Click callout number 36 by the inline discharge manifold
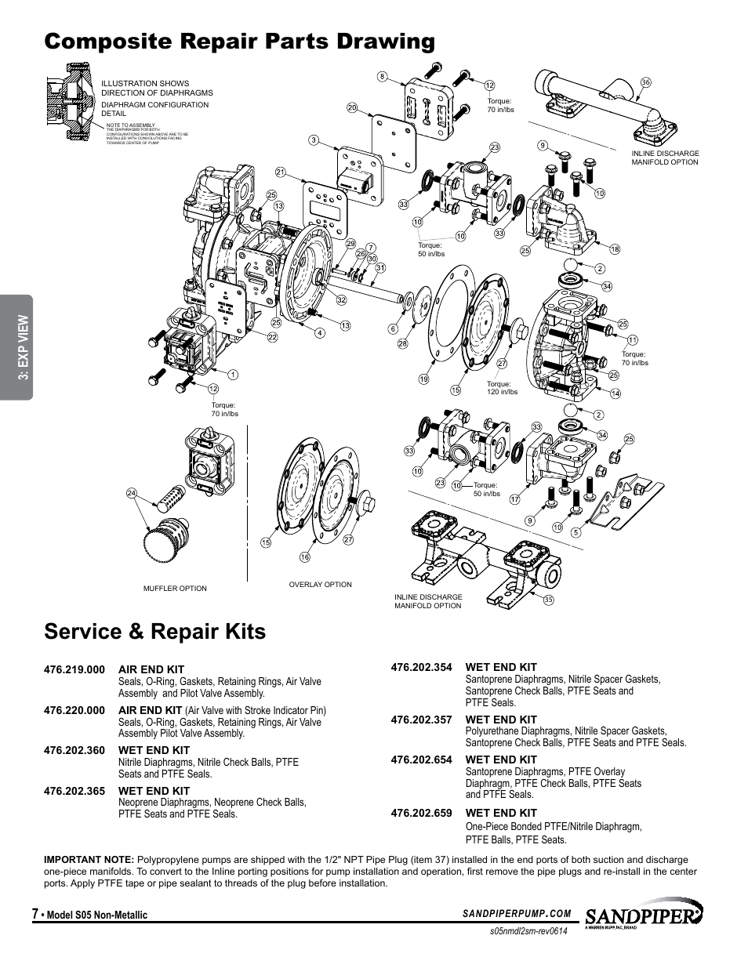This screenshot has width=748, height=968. click(x=646, y=82)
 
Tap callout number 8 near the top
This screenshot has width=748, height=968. click(x=382, y=76)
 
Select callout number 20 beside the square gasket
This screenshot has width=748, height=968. click(x=352, y=107)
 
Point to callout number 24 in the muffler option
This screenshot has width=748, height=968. click(x=132, y=493)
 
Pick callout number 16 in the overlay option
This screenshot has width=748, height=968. click(x=305, y=557)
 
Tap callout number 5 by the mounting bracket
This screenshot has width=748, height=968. click(x=576, y=533)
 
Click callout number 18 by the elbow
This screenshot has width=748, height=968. click(x=615, y=249)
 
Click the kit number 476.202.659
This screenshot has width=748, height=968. click(x=421, y=813)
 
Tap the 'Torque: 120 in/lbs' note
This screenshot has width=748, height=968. click(x=502, y=388)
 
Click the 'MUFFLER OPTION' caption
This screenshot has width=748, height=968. click(x=175, y=589)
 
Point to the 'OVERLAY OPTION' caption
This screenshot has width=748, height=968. click(x=320, y=585)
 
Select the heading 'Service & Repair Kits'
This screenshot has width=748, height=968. click(x=155, y=631)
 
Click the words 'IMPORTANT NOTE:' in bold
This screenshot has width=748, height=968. click(x=89, y=860)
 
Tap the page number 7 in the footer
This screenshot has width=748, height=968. click(x=34, y=914)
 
